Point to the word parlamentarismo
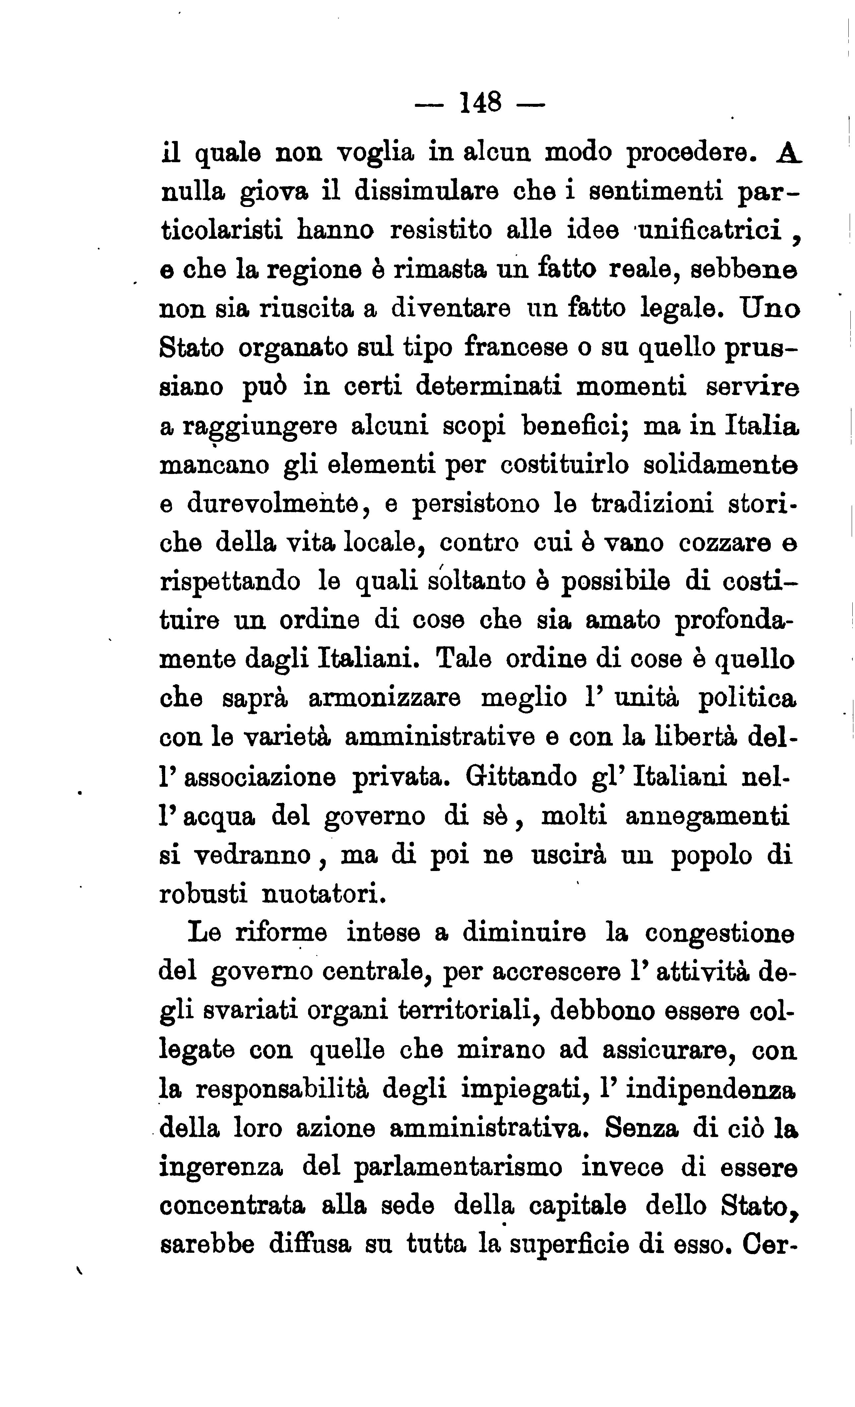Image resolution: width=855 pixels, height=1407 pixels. (x=458, y=1168)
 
